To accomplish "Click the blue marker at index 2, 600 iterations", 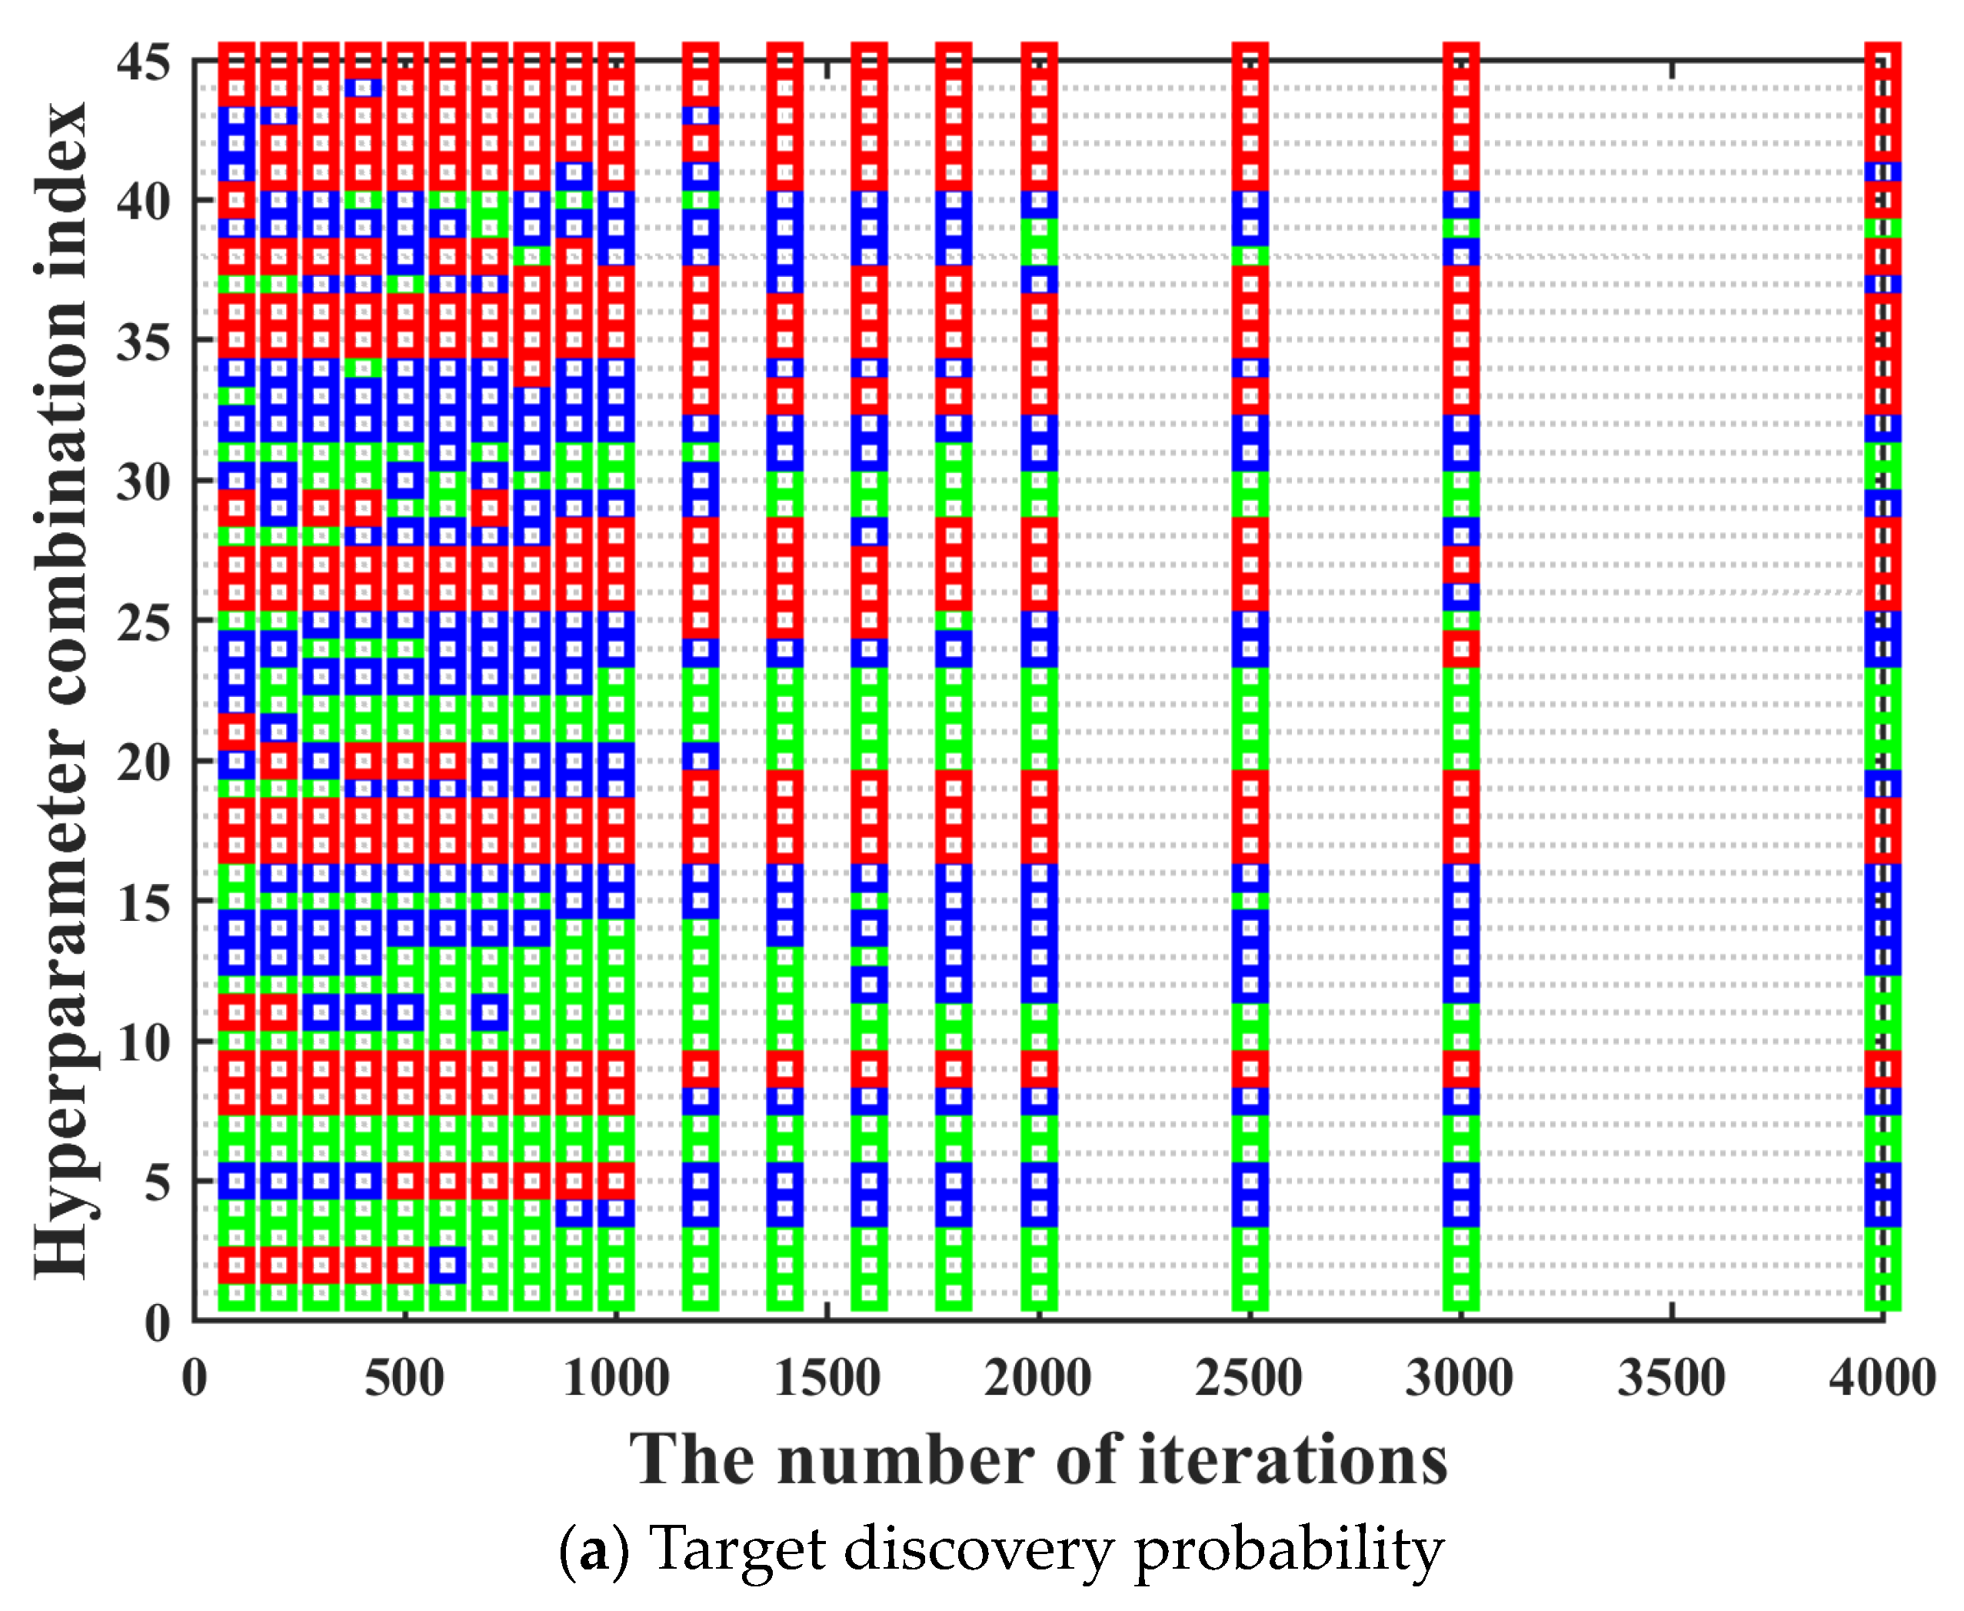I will point(447,1264).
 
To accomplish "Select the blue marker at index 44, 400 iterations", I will point(363,88).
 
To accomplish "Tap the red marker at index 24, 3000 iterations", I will point(1461,648).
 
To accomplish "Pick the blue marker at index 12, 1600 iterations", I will point(869,984).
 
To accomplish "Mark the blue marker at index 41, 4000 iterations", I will point(1882,172).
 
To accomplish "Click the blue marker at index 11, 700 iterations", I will point(490,1012).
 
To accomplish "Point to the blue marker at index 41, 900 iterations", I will point(574,172).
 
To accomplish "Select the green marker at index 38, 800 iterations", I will point(531,256).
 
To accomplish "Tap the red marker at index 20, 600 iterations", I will point(447,760).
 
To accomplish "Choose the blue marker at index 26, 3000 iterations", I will point(1461,592).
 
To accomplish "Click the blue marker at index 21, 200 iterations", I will point(278,732).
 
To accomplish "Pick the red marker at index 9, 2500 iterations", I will point(1250,1068).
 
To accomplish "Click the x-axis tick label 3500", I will point(1671,1378).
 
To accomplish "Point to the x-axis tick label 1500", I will point(827,1378).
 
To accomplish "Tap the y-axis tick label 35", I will point(144,342).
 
